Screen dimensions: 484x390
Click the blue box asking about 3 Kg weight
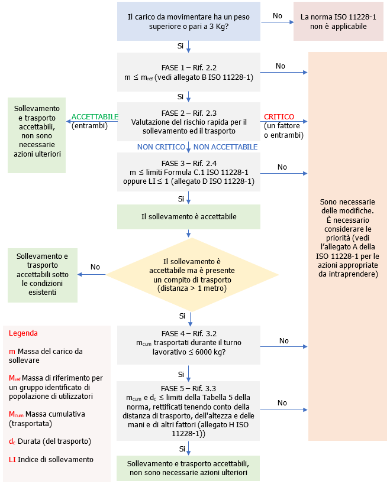pos(188,21)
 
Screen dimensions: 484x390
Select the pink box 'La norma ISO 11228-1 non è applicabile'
pos(338,22)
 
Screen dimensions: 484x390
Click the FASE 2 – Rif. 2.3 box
pos(188,122)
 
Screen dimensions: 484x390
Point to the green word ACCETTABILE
pos(95,117)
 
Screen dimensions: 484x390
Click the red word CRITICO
pos(279,117)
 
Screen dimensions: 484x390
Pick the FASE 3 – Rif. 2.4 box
pos(188,172)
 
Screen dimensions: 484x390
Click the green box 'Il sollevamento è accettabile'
pos(188,217)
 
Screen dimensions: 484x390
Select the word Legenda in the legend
pos(23,333)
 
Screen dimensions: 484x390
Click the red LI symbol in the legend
pos(12,459)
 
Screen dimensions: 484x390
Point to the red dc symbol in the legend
pos(12,441)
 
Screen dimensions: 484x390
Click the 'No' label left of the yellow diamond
pos(95,267)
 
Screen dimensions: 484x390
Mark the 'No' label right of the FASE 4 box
pos(283,341)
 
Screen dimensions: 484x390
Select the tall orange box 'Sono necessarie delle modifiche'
pos(347,245)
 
